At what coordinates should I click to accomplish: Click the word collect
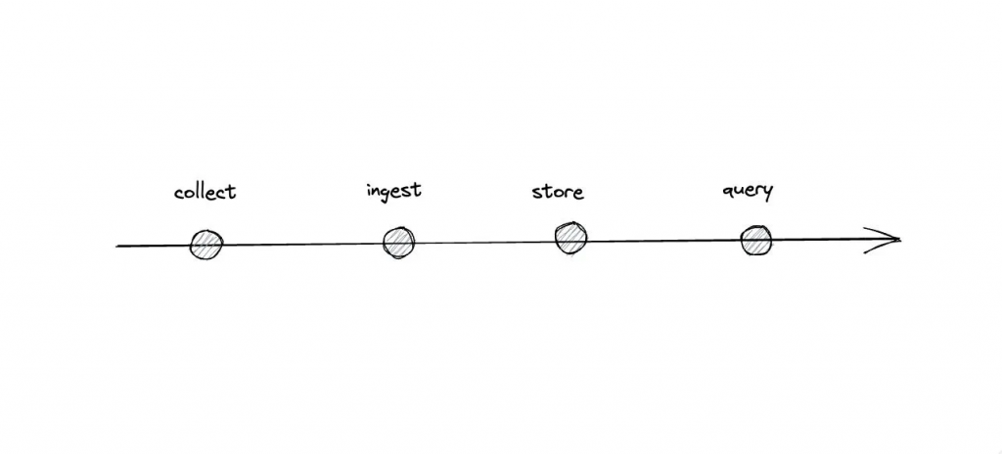205,191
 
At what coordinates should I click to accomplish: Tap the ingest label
393,191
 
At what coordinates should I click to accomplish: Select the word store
558,191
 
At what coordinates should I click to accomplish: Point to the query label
748,191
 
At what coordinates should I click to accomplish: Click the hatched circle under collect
206,245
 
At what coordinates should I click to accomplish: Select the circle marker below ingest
398,243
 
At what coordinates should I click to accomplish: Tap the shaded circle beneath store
570,238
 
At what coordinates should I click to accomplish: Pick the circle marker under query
755,241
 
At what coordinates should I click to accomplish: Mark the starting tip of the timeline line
117,246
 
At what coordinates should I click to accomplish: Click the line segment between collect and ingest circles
302,244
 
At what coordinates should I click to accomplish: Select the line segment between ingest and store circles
484,242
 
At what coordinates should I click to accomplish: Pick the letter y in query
767,193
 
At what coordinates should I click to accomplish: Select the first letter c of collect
179,193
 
